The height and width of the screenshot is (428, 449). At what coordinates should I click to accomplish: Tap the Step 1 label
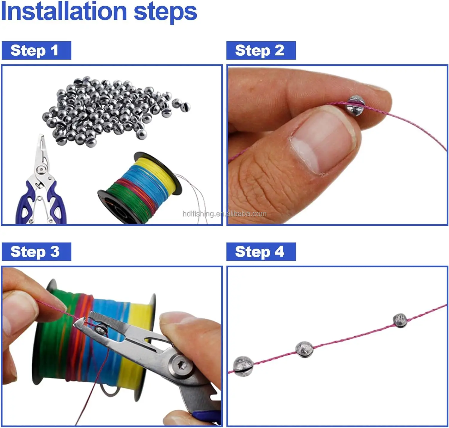coord(36,50)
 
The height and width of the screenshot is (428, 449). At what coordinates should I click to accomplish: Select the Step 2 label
coord(261,50)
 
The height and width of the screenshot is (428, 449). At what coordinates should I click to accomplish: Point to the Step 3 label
coord(36,252)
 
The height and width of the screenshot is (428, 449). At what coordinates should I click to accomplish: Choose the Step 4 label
coord(261,252)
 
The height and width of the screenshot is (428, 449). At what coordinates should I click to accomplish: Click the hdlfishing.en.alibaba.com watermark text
coord(224,214)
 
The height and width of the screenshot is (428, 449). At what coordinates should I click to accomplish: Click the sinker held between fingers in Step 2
coord(355,106)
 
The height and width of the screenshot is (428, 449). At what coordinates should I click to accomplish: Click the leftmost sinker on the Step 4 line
coord(243,366)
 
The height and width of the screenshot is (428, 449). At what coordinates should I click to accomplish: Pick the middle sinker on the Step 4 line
coord(304,349)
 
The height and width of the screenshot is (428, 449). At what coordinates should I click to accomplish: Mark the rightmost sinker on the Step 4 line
coord(400,320)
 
